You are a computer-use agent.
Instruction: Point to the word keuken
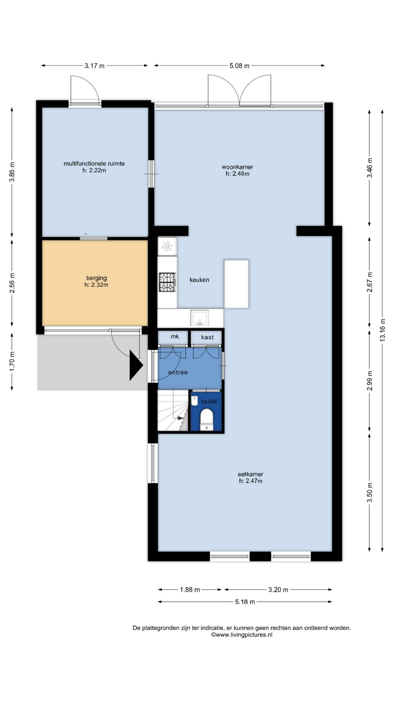200,280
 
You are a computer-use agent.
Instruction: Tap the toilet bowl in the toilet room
207,420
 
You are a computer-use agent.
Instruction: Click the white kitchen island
236,284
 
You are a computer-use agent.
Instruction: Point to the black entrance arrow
135,365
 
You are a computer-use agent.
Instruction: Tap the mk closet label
175,337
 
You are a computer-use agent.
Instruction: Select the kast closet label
207,337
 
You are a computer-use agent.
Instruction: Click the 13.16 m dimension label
382,330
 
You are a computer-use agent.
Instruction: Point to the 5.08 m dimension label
239,66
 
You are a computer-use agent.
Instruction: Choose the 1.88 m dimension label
190,589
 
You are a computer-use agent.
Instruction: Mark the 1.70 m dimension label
12,361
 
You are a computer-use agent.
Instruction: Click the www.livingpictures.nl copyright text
242,635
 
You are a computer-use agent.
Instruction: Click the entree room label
178,372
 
